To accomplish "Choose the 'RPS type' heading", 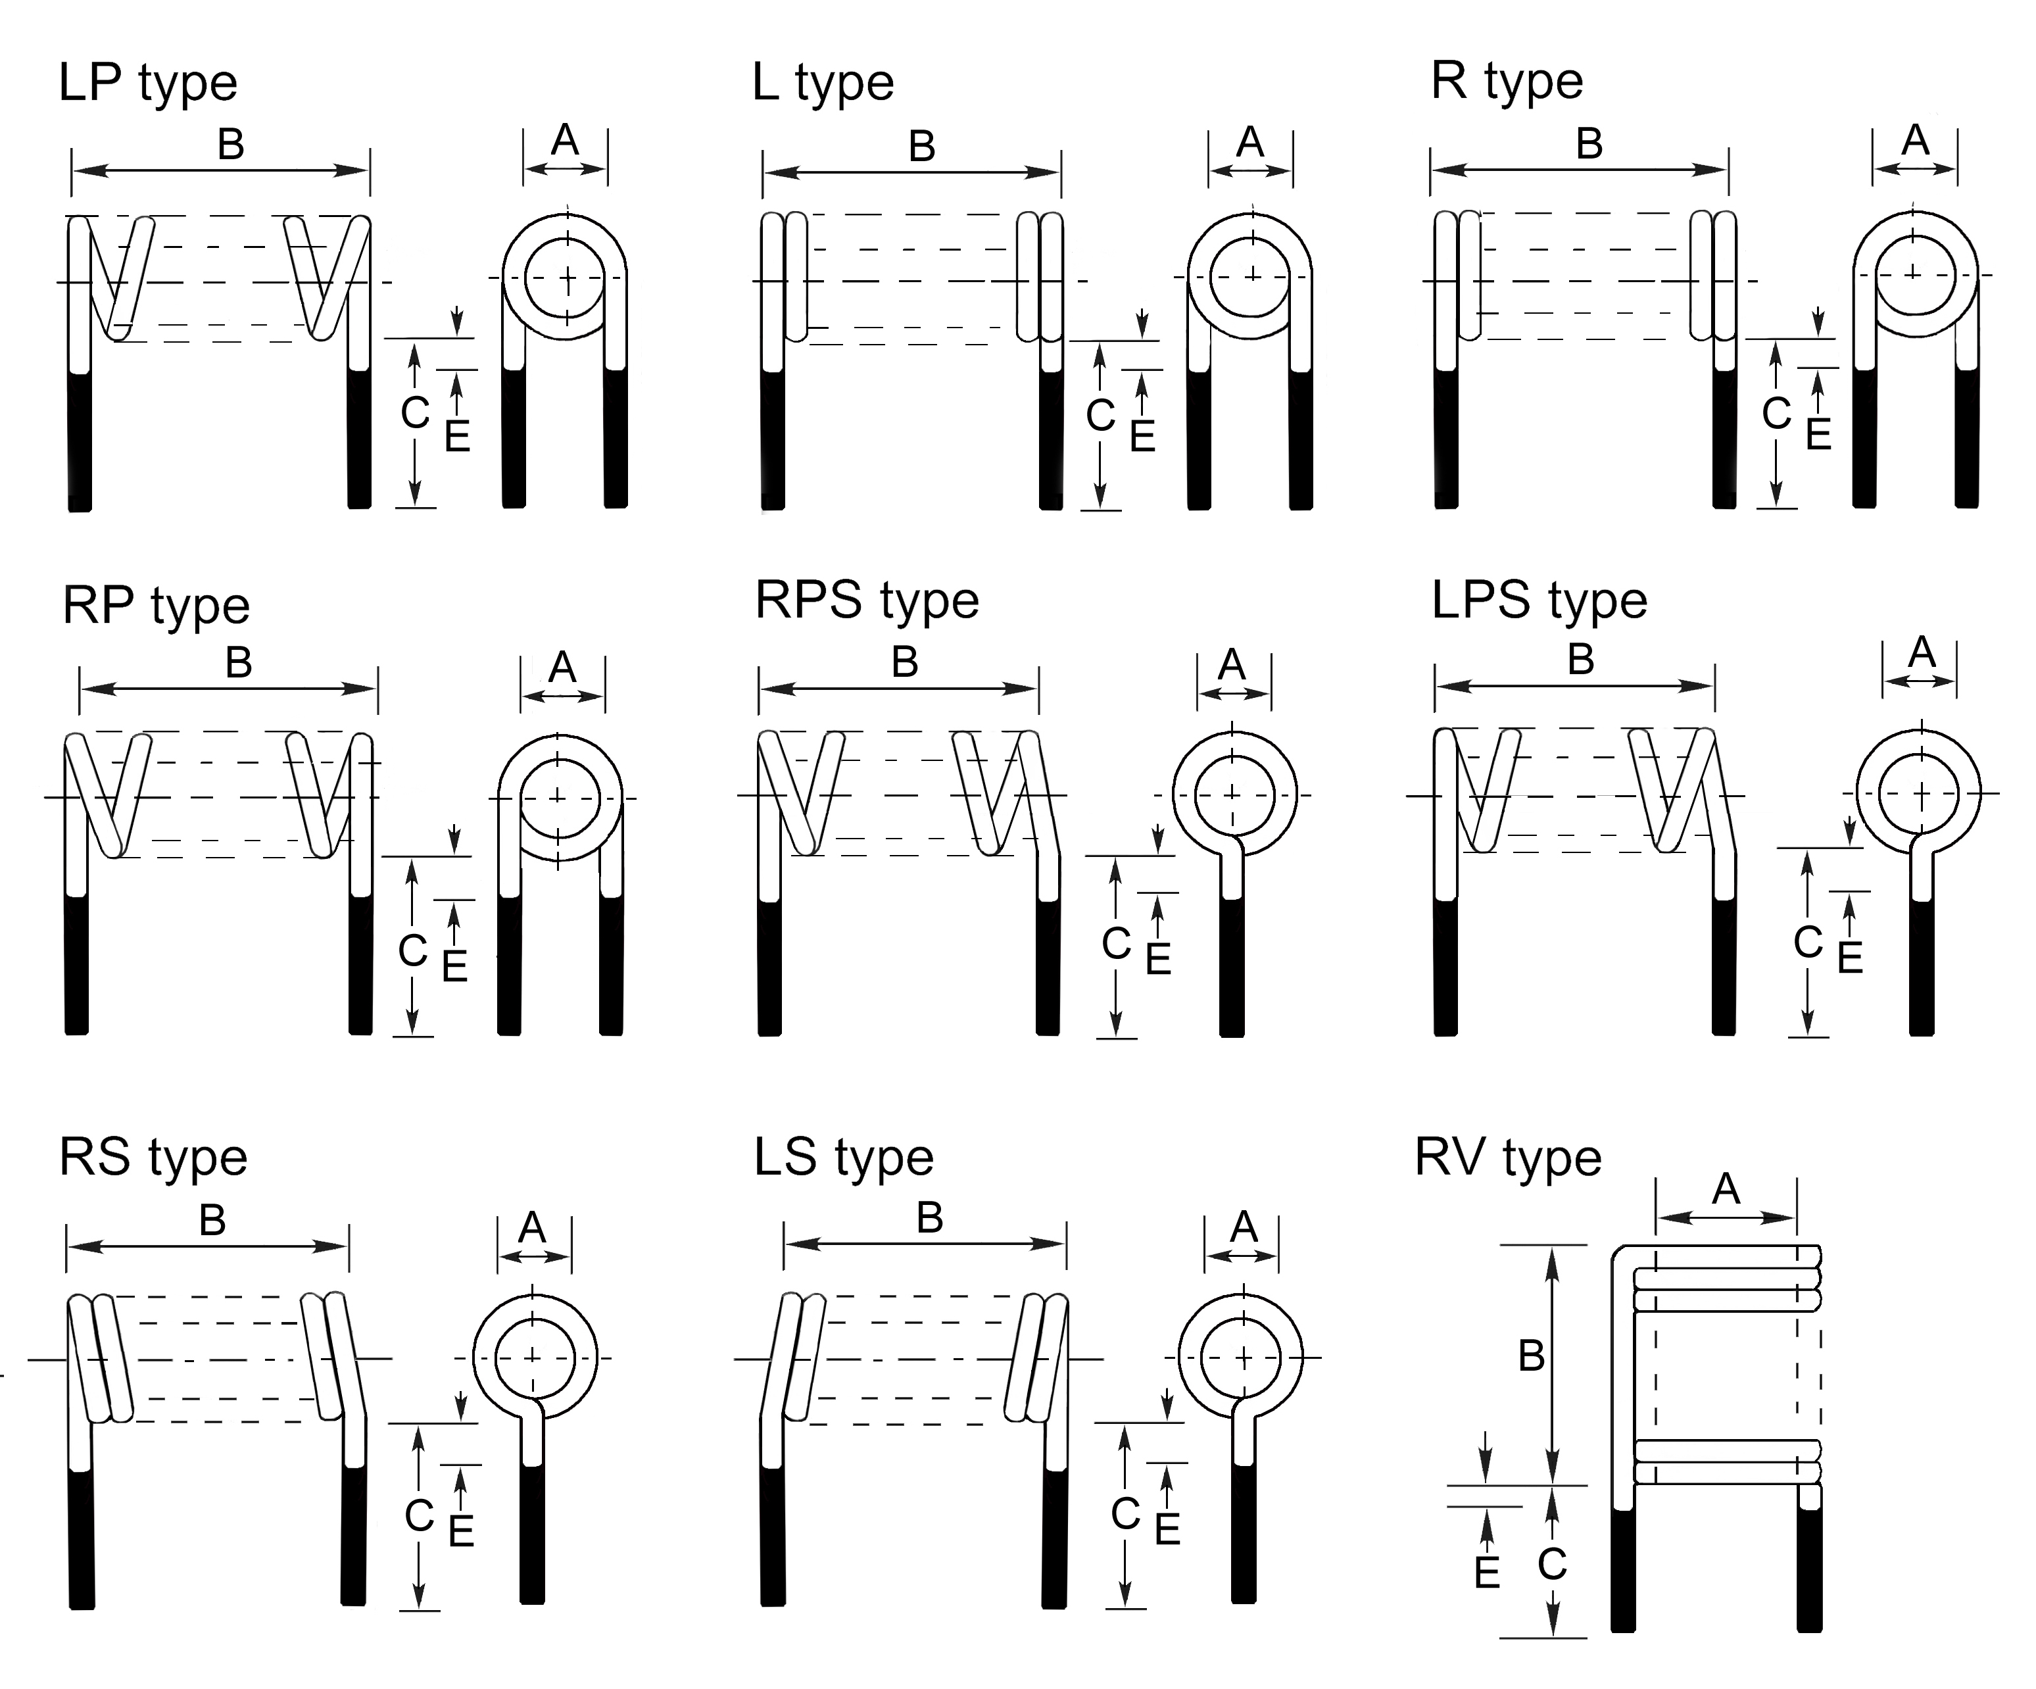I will [x=867, y=601].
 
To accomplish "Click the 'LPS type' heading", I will [x=1539, y=601].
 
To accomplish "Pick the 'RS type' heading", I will [x=153, y=1158].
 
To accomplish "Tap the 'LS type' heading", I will [x=844, y=1158].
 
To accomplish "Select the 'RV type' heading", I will [x=1508, y=1158].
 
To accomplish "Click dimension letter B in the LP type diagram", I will [x=231, y=145].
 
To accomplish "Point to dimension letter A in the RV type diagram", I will [x=1726, y=1188].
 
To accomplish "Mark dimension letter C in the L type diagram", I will [x=1100, y=416].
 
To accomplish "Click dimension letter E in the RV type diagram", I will [x=1486, y=1573].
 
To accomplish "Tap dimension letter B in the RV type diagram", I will [x=1531, y=1356].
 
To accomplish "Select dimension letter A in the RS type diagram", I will [x=532, y=1229].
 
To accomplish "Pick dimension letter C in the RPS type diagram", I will [x=1116, y=943].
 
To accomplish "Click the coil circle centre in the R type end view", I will [x=1914, y=274].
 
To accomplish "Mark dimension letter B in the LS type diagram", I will [x=930, y=1218].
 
